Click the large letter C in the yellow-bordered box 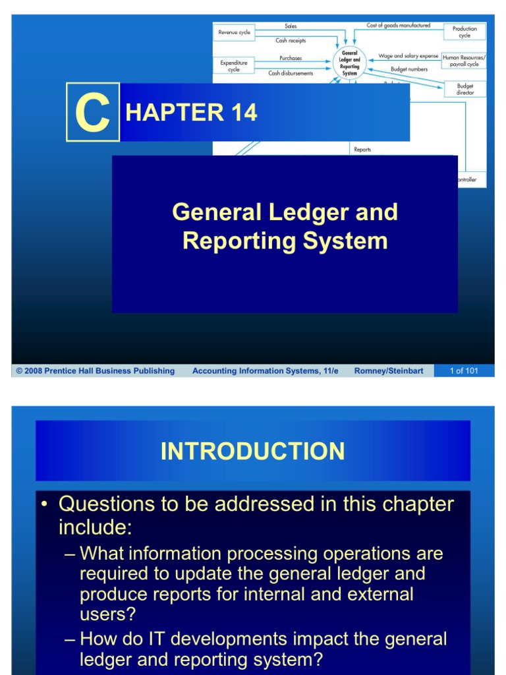(92, 113)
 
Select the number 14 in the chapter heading (243, 113)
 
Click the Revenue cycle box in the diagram (234, 31)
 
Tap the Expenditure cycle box (234, 66)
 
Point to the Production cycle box (464, 32)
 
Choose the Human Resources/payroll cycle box (464, 61)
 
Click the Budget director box (464, 89)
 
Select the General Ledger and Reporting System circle (350, 63)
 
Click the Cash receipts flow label (291, 40)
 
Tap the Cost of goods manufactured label (398, 26)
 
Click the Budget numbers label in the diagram (408, 69)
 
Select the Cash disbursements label (291, 73)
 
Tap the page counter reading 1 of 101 (464, 371)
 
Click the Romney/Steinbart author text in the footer (389, 371)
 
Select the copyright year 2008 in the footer (34, 371)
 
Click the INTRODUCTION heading (252, 452)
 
